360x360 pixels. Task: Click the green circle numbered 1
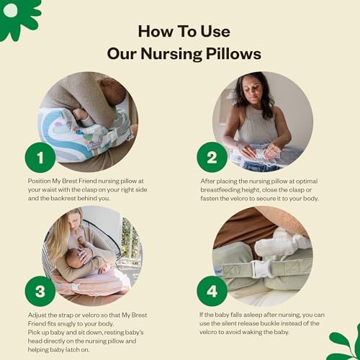tap(40, 158)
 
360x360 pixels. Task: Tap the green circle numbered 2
tap(212, 158)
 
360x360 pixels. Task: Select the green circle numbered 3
tap(40, 291)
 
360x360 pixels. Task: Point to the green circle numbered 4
tap(212, 291)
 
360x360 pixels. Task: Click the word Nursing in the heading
tap(171, 54)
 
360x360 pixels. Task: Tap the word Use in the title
tap(215, 32)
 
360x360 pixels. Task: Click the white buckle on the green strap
tap(260, 269)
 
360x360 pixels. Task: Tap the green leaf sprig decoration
tap(346, 344)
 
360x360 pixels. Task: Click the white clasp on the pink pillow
tap(75, 287)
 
